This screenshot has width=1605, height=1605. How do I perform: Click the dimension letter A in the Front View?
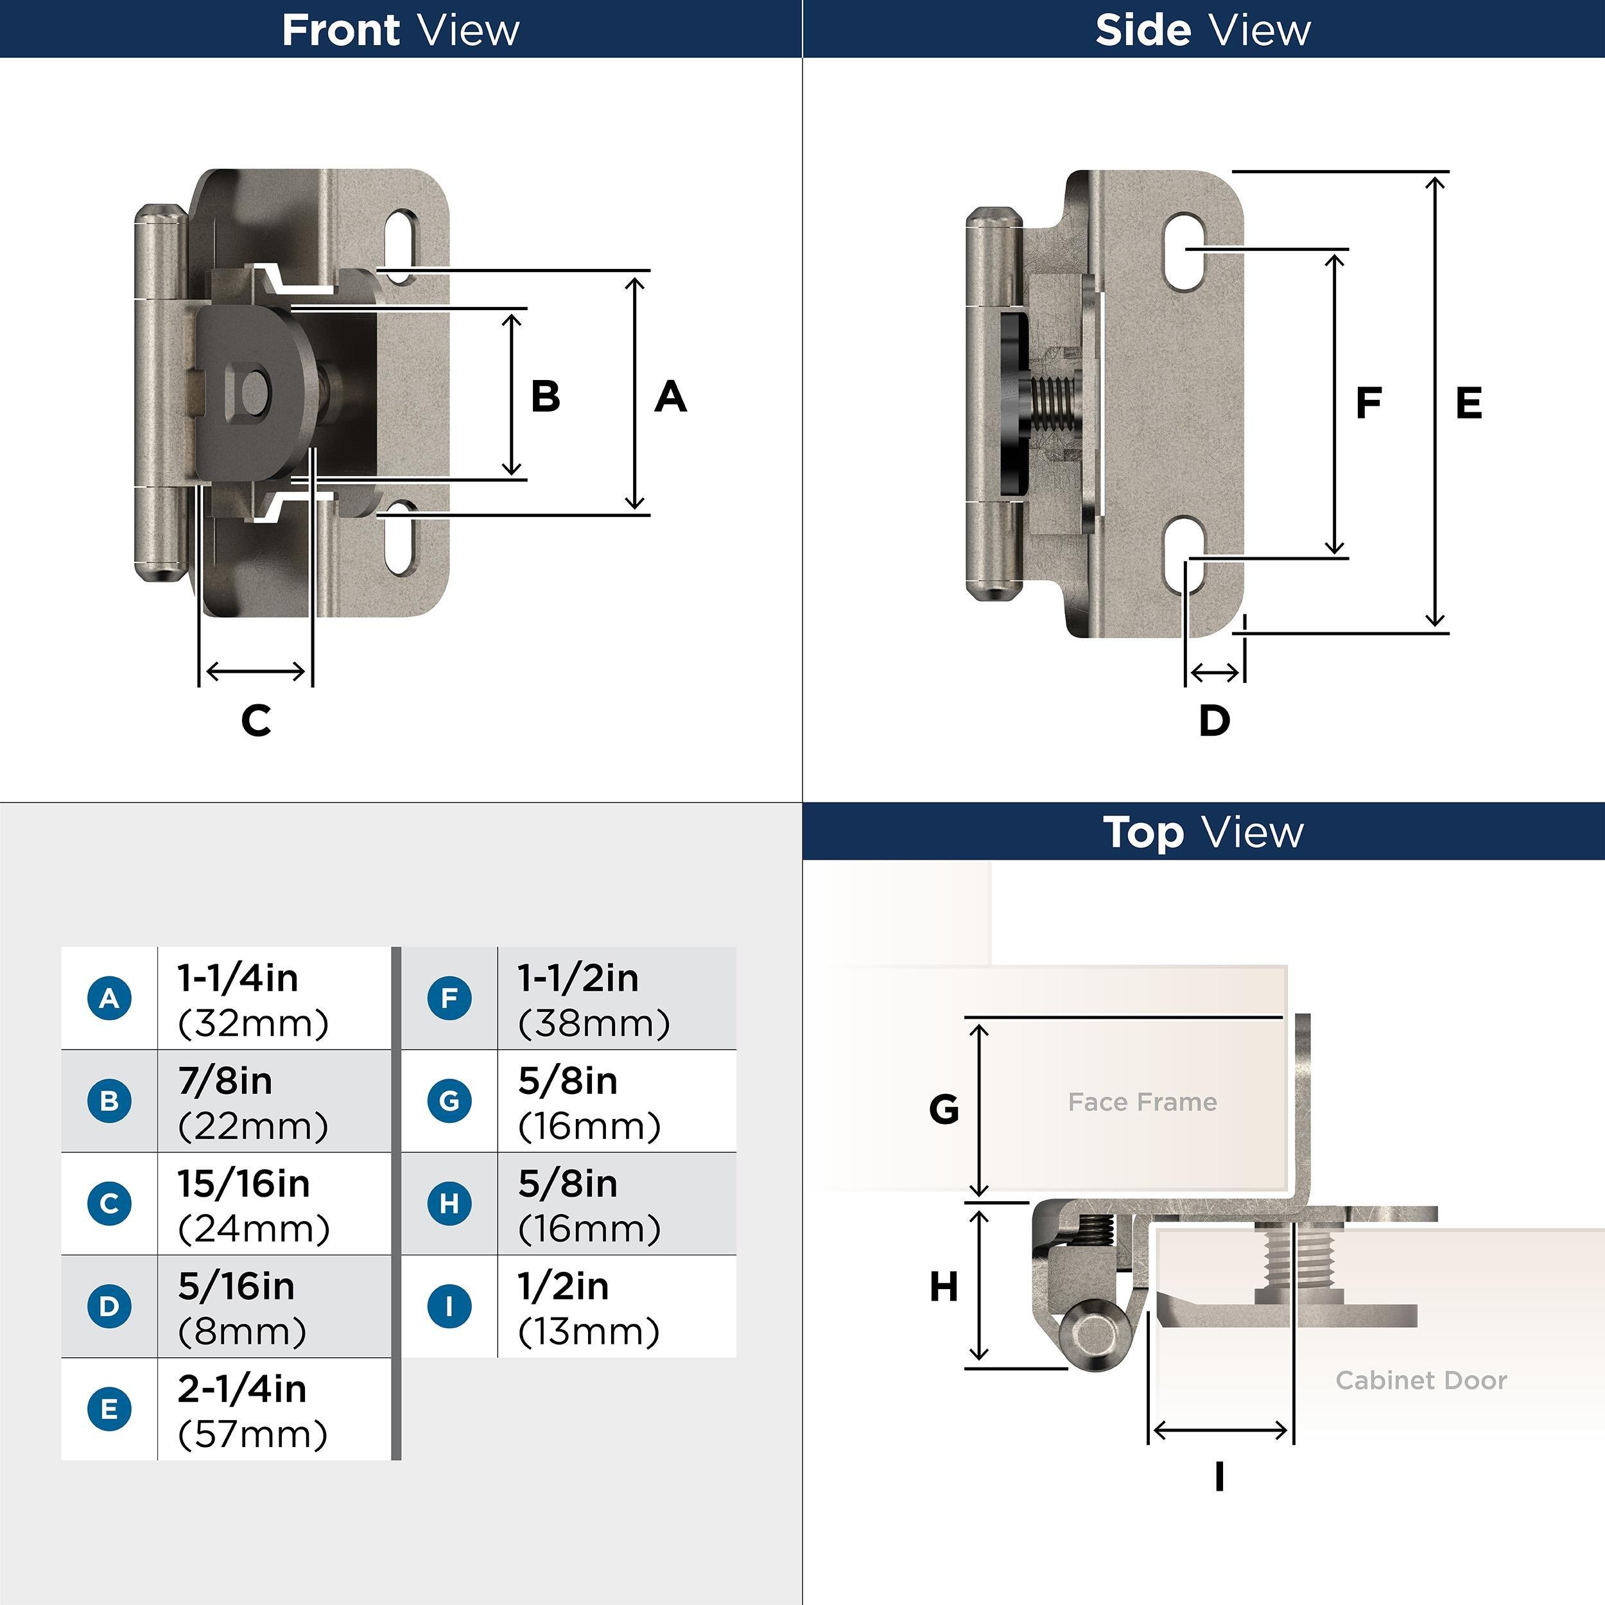pyautogui.click(x=670, y=397)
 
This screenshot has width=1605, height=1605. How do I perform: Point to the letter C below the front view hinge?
pyautogui.click(x=257, y=720)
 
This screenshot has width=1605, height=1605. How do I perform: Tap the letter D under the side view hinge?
pyautogui.click(x=1214, y=720)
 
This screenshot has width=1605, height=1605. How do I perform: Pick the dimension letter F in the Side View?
pyautogui.click(x=1368, y=404)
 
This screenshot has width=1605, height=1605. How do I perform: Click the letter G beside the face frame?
pyautogui.click(x=944, y=1109)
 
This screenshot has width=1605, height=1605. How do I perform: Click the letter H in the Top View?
pyautogui.click(x=944, y=1287)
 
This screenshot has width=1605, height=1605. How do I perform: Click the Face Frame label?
pyautogui.click(x=1142, y=1102)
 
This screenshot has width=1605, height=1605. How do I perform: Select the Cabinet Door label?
pyautogui.click(x=1421, y=1380)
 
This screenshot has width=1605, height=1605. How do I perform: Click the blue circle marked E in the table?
pyautogui.click(x=109, y=1408)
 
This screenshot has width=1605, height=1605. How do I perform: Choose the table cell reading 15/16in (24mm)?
pyautogui.click(x=273, y=1204)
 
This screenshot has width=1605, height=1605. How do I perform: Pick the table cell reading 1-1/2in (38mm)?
pyautogui.click(x=615, y=998)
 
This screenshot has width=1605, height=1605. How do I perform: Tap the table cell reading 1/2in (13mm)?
pyautogui.click(x=615, y=1306)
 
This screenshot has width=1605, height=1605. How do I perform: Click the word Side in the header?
pyautogui.click(x=1142, y=31)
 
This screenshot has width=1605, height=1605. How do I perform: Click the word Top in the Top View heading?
pyautogui.click(x=1143, y=833)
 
